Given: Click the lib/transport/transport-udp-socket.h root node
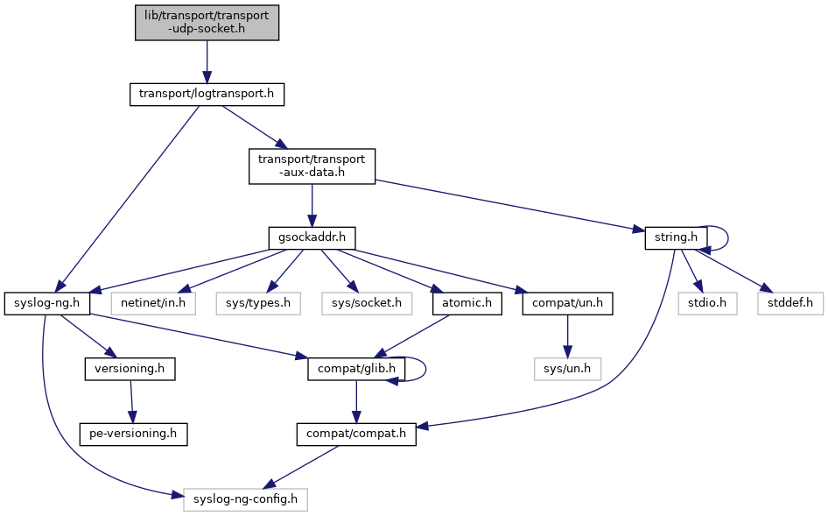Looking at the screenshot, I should (207, 22).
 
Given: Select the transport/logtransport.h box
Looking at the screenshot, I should (207, 95).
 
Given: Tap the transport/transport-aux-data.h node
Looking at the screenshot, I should (312, 166).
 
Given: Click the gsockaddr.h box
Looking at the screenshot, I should (312, 237).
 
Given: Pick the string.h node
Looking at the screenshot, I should (675, 237).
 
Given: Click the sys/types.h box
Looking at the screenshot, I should (259, 304).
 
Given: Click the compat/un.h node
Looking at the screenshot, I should (568, 304).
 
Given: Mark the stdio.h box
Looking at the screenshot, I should (705, 304).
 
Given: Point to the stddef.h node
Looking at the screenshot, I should (790, 304).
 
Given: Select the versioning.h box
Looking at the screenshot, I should (130, 370).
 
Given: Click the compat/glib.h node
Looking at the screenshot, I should (354, 370).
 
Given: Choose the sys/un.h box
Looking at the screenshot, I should (568, 370).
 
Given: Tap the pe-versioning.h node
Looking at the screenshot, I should (134, 434).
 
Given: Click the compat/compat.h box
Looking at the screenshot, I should (355, 434).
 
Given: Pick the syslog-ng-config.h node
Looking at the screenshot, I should (246, 500).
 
